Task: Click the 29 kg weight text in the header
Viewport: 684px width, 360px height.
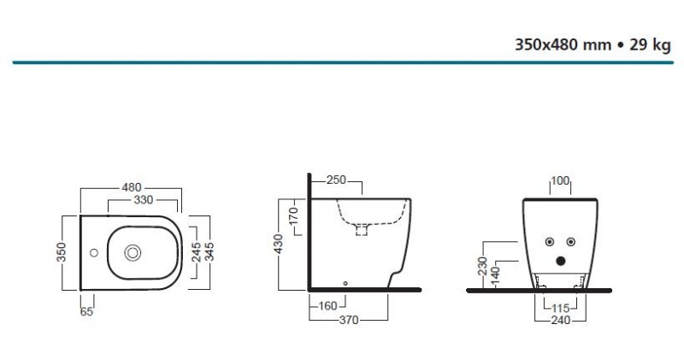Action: pos(650,46)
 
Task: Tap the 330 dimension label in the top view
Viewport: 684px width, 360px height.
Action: pos(142,200)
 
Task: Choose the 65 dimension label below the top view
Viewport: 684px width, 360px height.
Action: pos(86,312)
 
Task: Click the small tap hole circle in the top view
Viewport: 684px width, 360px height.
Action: pos(93,253)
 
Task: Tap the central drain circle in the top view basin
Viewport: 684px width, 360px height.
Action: pos(133,253)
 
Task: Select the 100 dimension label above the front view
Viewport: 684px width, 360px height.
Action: pos(560,180)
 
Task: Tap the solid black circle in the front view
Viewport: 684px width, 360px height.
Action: pos(561,261)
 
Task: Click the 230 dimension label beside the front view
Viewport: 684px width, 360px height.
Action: pos(481,266)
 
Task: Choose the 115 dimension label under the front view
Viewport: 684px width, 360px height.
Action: pos(559,308)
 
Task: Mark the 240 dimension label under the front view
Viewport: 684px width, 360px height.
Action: pos(559,320)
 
